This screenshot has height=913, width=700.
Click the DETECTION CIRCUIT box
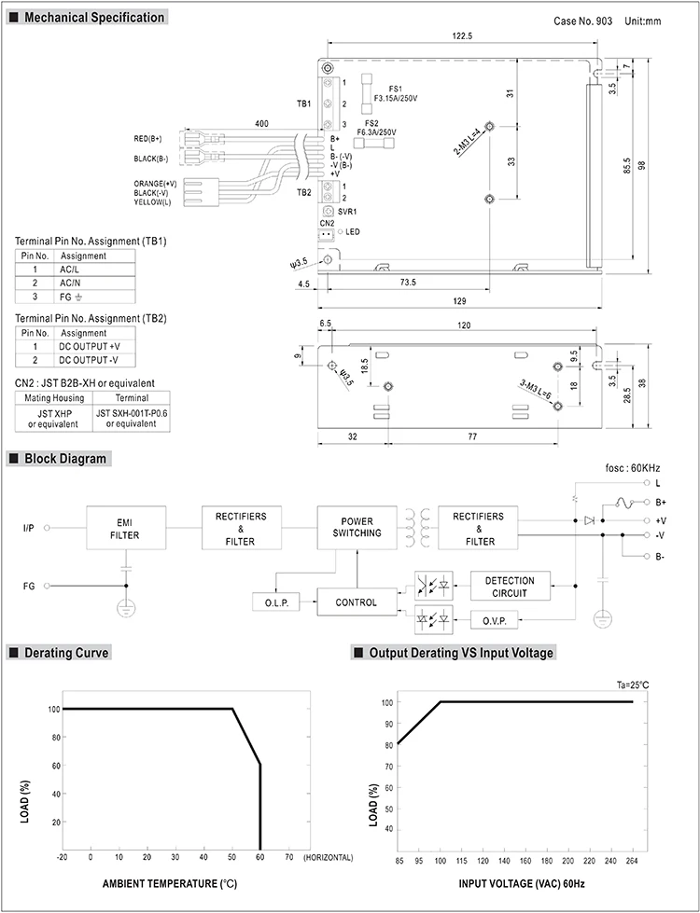coord(511,587)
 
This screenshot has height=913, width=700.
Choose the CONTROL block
coord(356,602)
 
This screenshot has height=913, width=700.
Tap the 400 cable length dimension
coord(261,123)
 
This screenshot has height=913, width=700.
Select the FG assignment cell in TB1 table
coord(73,297)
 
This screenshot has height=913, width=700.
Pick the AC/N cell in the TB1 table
coord(72,283)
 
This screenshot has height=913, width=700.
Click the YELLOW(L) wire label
coord(152,202)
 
